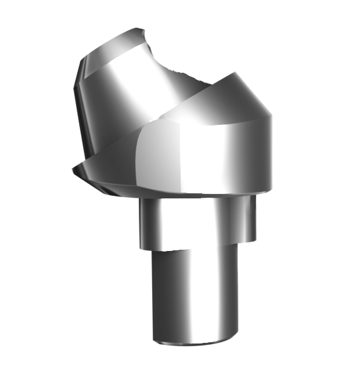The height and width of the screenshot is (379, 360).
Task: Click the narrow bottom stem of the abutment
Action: pyautogui.click(x=193, y=298)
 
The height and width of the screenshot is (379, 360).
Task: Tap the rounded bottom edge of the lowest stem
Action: pyautogui.click(x=193, y=343)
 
